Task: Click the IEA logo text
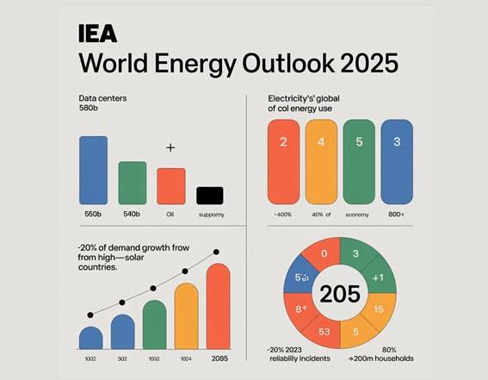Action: pos(98,34)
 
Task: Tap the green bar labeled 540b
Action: pos(132,182)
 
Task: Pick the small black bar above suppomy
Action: pos(209,195)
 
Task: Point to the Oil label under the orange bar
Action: pos(170,213)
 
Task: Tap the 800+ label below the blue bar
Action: pos(396,213)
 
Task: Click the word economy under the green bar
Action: pos(357,213)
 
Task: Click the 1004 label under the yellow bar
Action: pos(187,358)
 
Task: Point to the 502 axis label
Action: pos(123,358)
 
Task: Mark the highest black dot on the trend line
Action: pos(217,252)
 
